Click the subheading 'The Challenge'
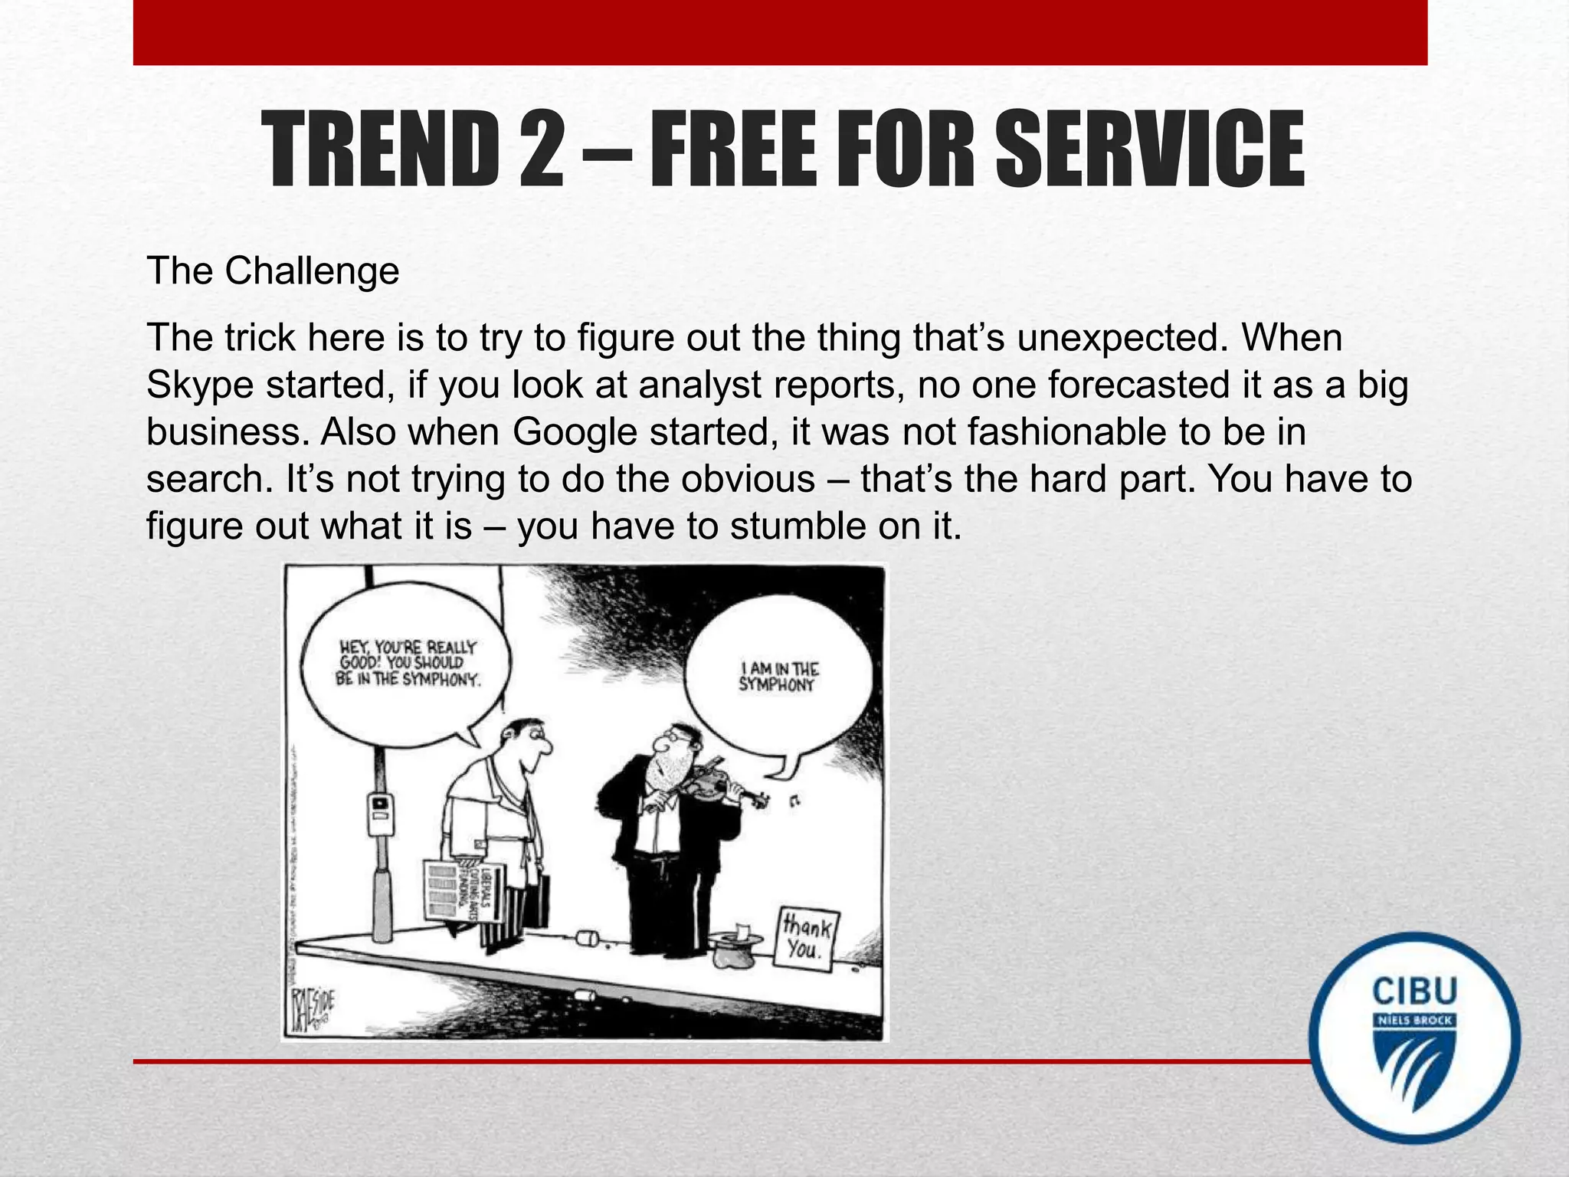click(273, 271)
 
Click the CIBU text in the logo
click(1413, 992)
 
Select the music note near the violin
click(794, 802)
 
